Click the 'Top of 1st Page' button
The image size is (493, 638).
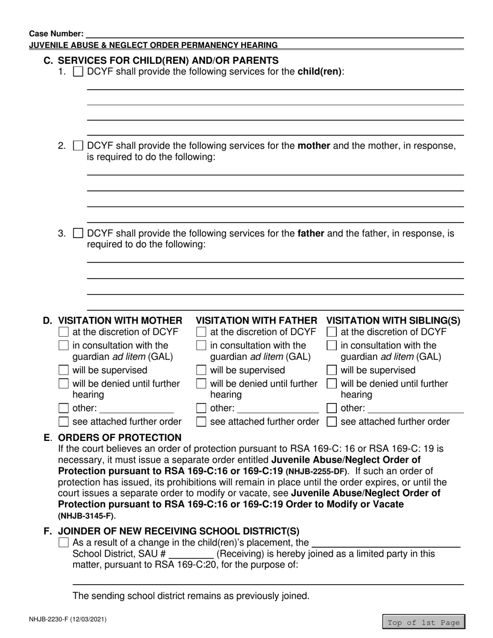click(x=423, y=622)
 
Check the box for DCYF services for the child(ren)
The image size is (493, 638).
click(x=78, y=72)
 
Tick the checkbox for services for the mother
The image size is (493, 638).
click(x=78, y=146)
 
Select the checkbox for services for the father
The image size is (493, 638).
click(x=78, y=234)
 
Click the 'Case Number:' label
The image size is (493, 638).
click(x=56, y=33)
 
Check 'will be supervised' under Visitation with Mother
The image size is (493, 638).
click(x=64, y=370)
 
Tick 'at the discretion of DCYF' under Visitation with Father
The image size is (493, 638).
click(x=201, y=332)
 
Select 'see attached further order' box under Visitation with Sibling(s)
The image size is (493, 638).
click(x=332, y=422)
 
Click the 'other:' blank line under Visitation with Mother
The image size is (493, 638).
click(x=136, y=409)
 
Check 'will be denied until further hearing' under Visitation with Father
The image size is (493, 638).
click(x=201, y=384)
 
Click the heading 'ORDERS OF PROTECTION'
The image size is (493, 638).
click(x=120, y=437)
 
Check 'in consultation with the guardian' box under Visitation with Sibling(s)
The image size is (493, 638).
click(x=332, y=345)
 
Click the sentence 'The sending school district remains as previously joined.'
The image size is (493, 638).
click(x=190, y=596)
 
